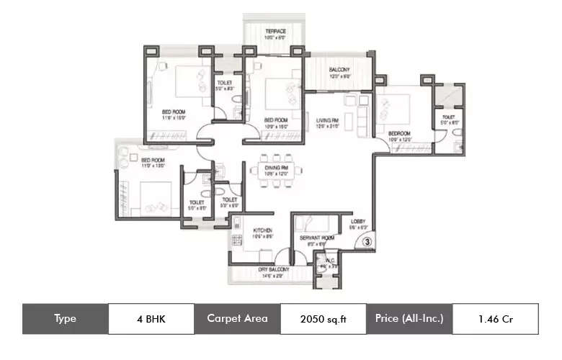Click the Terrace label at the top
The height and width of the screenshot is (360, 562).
pos(275,32)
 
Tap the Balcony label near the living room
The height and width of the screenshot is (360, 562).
pos(339,69)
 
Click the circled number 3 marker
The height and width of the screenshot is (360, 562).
pos(367,243)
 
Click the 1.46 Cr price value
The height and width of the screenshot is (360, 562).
pos(495,318)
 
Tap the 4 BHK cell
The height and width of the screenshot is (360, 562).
pos(151,318)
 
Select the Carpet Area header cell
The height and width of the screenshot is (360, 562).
pos(237,318)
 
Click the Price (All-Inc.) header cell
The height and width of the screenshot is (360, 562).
pos(409,318)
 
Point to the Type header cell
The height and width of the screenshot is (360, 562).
pos(65,318)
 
